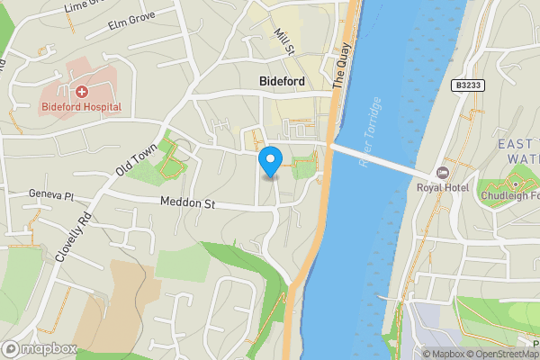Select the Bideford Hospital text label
point(81,107)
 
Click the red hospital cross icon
point(81,91)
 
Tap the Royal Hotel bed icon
point(441,172)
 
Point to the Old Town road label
point(137,158)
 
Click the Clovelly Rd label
point(74,237)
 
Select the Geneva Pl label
point(50,194)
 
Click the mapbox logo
point(40,348)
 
